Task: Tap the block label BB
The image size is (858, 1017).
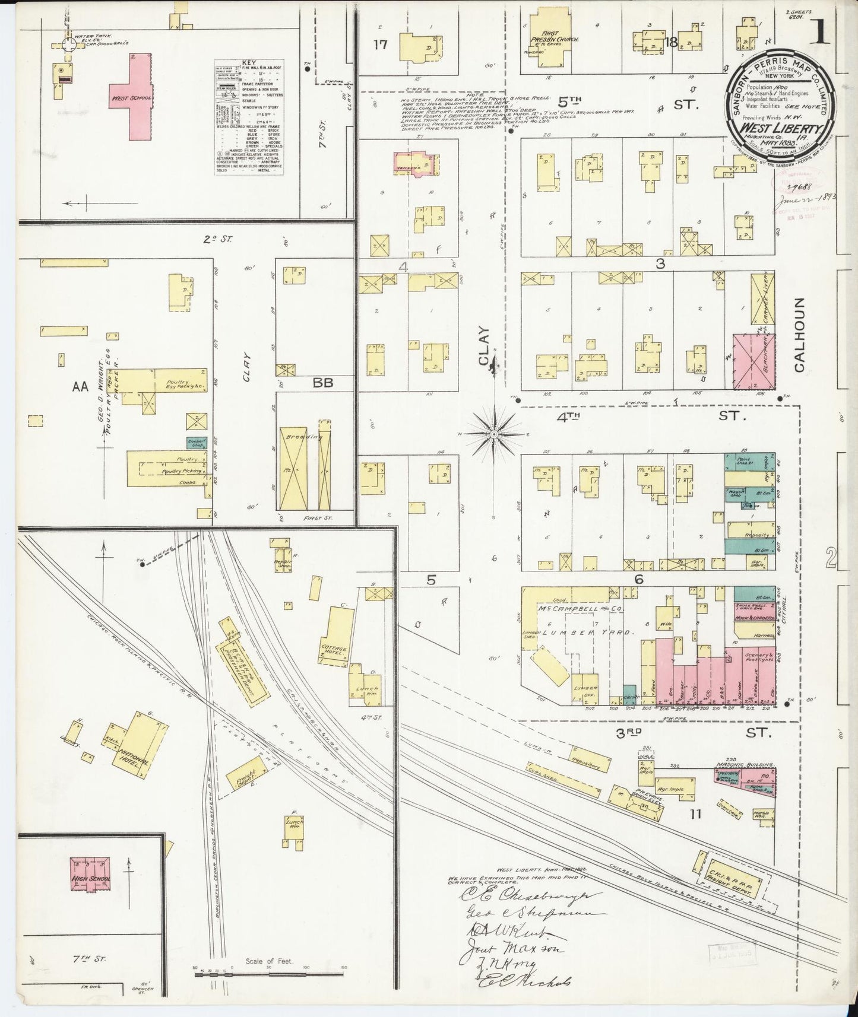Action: point(324,383)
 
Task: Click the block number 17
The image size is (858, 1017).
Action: point(381,44)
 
